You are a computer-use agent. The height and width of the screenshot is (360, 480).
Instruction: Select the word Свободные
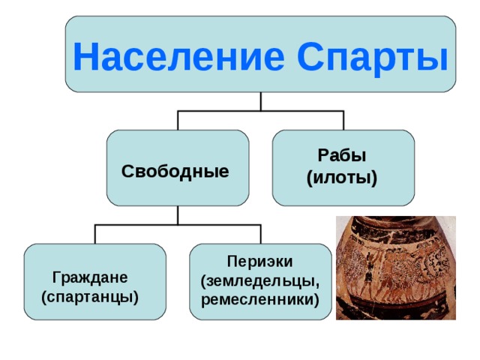pos(175,171)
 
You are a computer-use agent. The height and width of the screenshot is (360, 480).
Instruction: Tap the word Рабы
pos(342,156)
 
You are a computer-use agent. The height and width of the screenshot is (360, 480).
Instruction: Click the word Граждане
pos(90,276)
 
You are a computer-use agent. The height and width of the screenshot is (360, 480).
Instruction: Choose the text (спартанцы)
pos(91,296)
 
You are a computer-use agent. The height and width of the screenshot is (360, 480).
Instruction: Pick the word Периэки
pos(259,261)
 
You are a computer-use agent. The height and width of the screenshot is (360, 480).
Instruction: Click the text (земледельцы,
pos(260,280)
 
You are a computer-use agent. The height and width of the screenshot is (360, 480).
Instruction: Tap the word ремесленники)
pos(260,300)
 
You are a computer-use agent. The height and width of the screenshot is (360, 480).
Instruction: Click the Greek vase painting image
pos(395,268)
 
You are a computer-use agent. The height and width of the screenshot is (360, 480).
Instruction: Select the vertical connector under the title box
pos(260,101)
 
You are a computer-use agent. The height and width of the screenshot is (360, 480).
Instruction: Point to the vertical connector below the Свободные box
pos(178,215)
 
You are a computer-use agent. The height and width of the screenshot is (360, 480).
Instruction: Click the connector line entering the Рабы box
pos(343,121)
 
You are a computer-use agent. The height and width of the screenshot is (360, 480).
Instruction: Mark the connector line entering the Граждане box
pos(95,234)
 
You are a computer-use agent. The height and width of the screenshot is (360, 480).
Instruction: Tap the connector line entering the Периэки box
pos(260,234)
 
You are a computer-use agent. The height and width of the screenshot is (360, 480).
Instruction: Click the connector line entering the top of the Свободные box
pos(178,121)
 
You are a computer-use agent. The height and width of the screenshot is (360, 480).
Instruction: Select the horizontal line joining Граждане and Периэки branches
pos(178,225)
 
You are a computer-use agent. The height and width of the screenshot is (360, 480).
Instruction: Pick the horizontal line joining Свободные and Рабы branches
pos(260,111)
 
